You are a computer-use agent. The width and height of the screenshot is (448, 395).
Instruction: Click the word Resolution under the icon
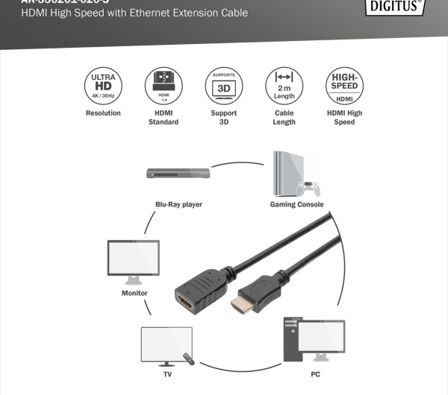coord(102,113)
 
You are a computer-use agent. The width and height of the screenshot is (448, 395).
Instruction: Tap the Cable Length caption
coord(284,118)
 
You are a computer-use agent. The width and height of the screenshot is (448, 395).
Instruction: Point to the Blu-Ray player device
coord(178,174)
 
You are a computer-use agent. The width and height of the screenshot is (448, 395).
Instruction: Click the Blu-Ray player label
coord(178,204)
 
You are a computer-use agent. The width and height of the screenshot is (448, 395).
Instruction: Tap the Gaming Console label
coord(297,204)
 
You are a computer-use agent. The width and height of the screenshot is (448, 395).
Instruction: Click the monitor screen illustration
coord(134,258)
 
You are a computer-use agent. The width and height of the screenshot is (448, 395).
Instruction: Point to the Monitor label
coord(134,293)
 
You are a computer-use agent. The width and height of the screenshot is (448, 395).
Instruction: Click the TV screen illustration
coord(166,344)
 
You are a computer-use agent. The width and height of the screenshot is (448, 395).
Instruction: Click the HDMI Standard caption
coord(164,118)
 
